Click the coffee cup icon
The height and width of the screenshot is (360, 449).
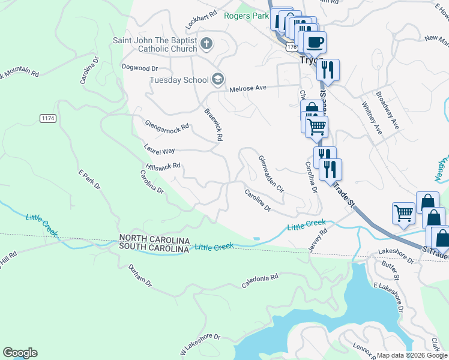315,42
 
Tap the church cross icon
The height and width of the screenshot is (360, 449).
206,43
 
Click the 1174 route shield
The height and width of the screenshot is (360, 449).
49,118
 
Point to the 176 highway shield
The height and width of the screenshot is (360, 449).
292,46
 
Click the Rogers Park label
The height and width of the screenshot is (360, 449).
246,16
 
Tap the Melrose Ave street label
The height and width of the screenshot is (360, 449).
247,89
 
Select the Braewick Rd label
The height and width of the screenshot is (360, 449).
214,125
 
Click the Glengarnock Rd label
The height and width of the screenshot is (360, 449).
167,125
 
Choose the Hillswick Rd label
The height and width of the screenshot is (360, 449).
163,166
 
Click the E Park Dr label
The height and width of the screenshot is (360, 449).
90,179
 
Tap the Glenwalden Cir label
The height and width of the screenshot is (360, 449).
271,173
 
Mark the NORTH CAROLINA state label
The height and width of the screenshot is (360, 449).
154,238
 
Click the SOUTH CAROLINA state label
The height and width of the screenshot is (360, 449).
154,247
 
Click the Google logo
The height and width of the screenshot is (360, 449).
20,353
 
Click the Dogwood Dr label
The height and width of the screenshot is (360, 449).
139,68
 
